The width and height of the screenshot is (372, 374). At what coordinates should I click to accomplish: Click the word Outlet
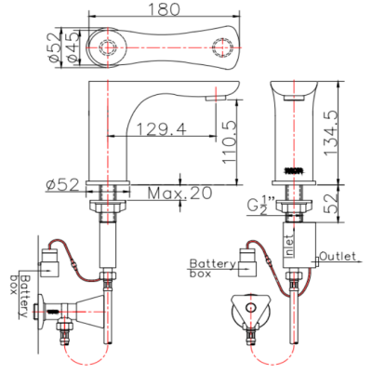point(338,254)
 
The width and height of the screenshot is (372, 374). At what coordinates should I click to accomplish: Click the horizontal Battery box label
point(213,269)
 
